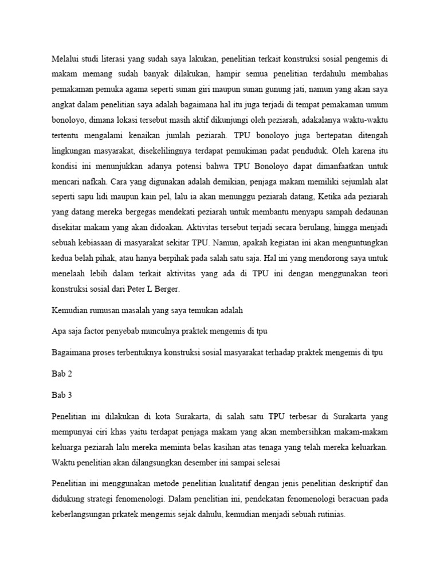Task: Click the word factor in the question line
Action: pos(91,331)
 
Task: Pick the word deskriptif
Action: pos(354,483)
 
